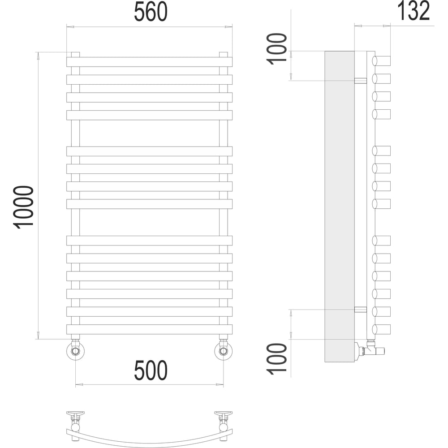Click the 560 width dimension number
(x=151, y=12)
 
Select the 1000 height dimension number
(x=23, y=207)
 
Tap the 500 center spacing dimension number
(x=151, y=370)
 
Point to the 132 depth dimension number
(x=414, y=11)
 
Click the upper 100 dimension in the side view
(x=276, y=49)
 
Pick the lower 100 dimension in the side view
(x=276, y=359)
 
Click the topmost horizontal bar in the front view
(x=150, y=62)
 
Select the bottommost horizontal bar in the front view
(x=150, y=329)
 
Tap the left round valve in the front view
(x=75, y=350)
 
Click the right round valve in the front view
(x=224, y=350)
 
